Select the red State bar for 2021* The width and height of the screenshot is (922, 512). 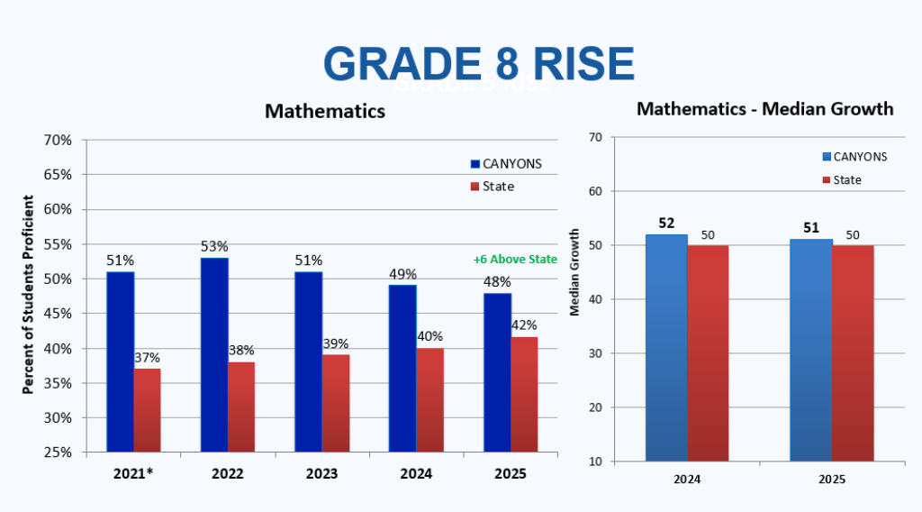coord(148,410)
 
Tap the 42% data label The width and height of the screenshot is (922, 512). coord(524,325)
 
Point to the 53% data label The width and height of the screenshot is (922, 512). coord(214,246)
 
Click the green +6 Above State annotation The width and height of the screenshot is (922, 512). coord(515,260)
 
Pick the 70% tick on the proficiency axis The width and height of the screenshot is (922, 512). coord(58,140)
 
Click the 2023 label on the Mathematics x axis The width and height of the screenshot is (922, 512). coord(321,474)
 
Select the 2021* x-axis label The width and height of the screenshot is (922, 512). coord(133,474)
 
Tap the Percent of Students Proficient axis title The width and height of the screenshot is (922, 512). coord(28,295)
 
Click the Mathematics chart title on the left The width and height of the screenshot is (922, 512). coord(324,111)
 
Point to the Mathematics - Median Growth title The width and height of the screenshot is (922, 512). coord(764,109)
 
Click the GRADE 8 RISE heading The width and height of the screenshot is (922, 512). coord(478,63)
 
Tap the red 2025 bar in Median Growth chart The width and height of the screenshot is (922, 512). coord(852,352)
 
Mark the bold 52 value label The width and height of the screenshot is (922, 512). coord(667,223)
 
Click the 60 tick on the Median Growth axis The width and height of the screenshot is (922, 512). coord(595,191)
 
